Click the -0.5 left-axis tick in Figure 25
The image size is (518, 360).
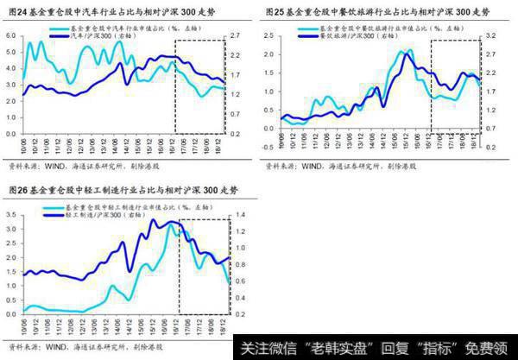tap(270, 126)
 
